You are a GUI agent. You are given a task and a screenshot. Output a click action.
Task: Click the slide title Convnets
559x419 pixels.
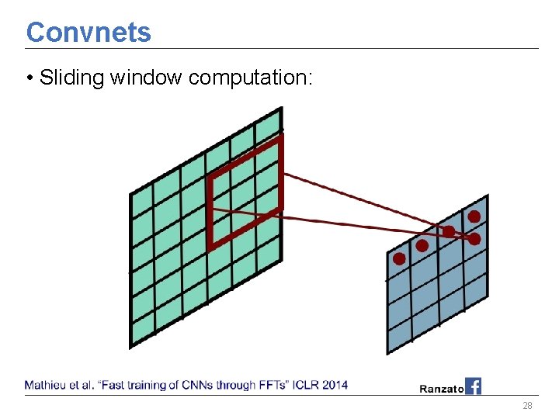coord(89,32)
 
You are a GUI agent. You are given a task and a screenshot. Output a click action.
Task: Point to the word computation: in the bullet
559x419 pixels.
coord(250,78)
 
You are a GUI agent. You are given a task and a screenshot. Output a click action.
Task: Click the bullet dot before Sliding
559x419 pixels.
coord(29,78)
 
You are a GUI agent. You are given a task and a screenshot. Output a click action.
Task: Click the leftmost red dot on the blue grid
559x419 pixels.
coord(399,258)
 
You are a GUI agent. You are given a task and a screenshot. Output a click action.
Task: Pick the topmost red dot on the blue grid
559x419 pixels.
coord(474,216)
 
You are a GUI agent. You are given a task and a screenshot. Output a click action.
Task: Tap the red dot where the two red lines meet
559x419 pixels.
coord(474,239)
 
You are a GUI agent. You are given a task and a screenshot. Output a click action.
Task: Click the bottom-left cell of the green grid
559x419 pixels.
coord(142,331)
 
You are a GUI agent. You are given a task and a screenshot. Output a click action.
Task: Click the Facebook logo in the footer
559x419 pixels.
coord(473,386)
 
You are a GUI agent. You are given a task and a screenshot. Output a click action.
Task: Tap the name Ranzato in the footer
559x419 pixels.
coord(442,388)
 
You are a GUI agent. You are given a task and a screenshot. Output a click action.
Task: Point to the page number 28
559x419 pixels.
coord(527,407)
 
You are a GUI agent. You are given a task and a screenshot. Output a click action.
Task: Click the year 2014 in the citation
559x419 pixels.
coord(335,385)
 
